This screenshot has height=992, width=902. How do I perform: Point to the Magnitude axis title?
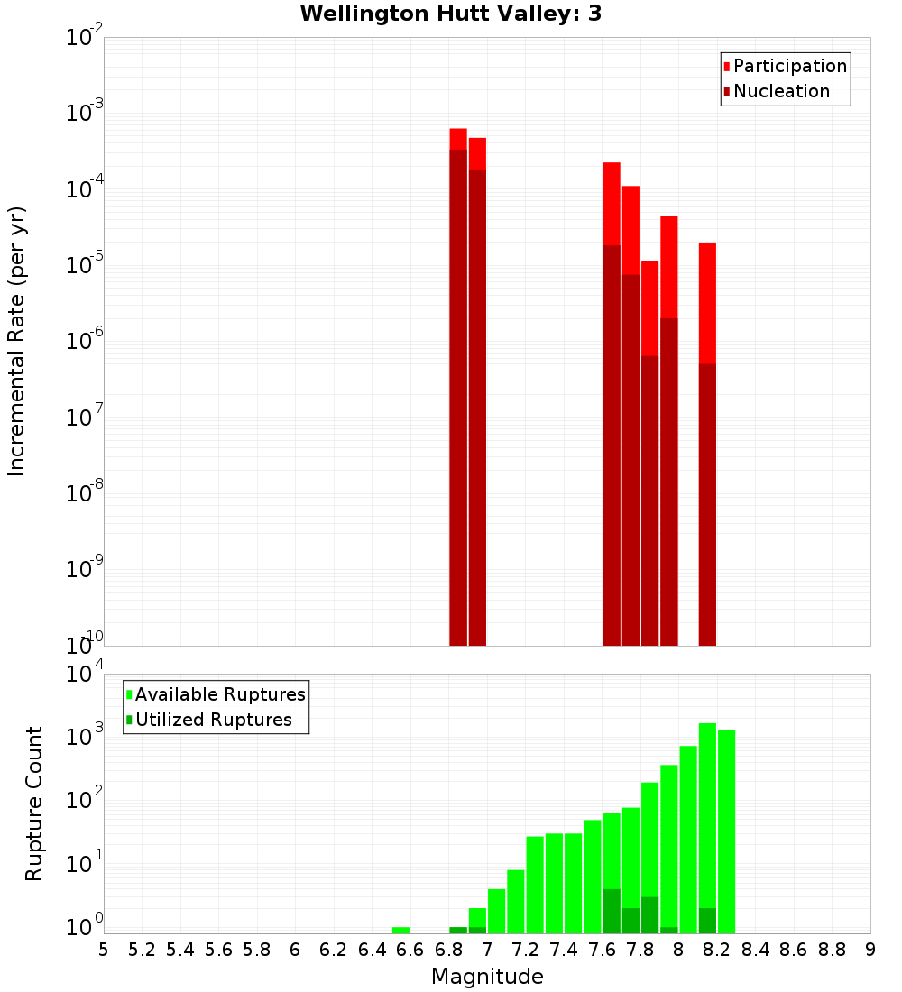(487, 977)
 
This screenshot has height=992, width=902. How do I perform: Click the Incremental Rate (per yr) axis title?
(17, 342)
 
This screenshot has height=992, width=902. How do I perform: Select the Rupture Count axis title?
(34, 804)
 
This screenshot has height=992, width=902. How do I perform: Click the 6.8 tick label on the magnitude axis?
(448, 950)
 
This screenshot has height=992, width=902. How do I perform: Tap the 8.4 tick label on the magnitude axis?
(755, 950)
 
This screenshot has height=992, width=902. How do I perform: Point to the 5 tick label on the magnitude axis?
(104, 950)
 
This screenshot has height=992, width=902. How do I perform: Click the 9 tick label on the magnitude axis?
(870, 950)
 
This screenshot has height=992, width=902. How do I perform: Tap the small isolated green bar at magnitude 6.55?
(400, 930)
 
